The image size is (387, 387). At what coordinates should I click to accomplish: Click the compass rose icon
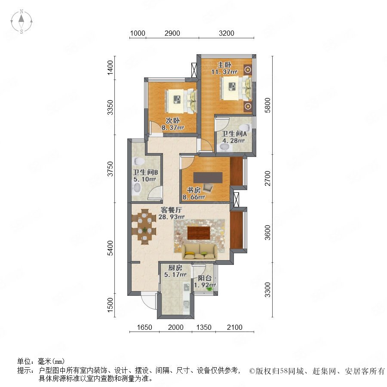click(21, 21)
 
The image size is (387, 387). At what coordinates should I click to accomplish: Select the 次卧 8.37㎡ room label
click(173, 124)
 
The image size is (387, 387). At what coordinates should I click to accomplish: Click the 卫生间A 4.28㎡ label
click(234, 137)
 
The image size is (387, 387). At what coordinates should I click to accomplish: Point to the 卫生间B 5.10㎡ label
click(145, 176)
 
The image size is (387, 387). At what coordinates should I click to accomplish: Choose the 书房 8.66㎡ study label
click(194, 194)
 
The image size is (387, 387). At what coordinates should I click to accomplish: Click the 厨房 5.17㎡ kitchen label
click(175, 271)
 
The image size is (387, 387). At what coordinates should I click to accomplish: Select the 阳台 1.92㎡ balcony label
click(205, 282)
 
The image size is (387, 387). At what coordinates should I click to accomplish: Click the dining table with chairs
click(144, 227)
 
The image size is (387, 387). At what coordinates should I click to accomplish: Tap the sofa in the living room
click(200, 251)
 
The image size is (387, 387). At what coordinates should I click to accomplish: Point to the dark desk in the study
click(208, 178)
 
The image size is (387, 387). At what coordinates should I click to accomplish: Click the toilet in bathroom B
click(139, 161)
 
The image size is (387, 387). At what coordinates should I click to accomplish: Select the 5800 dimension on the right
click(267, 105)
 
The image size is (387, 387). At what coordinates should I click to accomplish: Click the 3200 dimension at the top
click(226, 33)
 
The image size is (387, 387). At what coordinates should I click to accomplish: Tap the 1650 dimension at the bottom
click(144, 327)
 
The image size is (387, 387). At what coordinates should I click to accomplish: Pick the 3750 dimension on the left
click(111, 169)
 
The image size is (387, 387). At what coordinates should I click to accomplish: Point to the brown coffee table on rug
click(199, 233)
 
